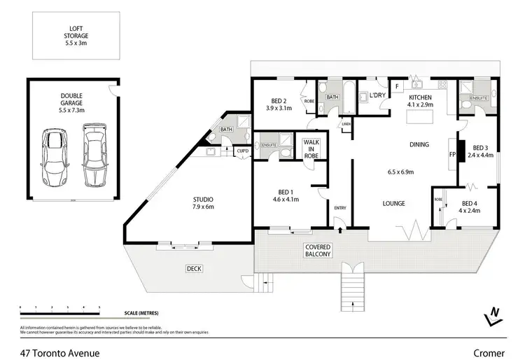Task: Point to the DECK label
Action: (x=194, y=268)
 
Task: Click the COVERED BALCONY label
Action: (x=318, y=251)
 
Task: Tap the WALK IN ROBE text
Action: (x=310, y=149)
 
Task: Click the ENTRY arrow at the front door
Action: (x=339, y=228)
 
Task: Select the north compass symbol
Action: (x=493, y=317)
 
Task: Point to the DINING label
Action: (x=419, y=145)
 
